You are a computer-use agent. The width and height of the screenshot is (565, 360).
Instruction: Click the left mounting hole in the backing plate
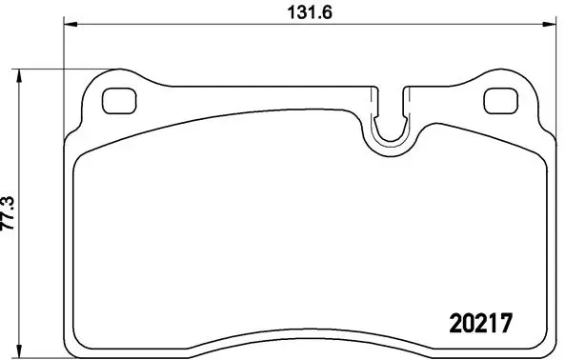[x=117, y=99]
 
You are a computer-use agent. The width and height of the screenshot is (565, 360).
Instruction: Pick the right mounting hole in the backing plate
[x=498, y=99]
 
